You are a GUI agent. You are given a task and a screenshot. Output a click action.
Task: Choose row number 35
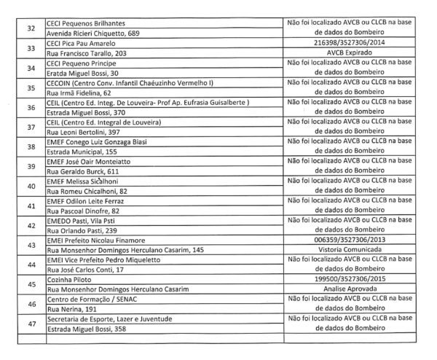coord(31,88)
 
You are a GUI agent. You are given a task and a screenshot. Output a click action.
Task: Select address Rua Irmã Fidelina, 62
coord(81,94)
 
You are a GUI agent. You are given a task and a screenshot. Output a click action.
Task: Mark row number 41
coord(31,207)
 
